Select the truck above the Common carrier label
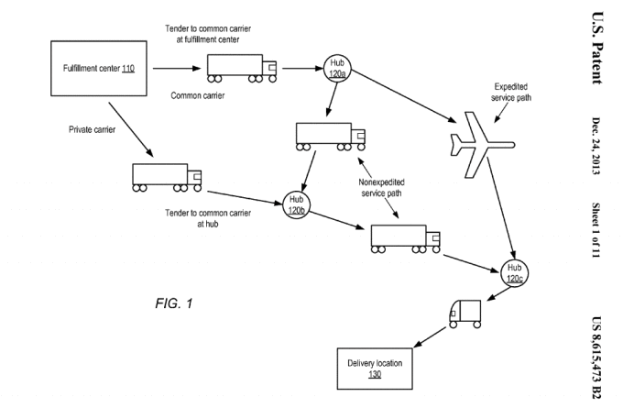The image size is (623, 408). pos(243,68)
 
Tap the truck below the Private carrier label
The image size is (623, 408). pos(167,176)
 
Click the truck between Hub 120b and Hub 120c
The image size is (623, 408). pos(404,237)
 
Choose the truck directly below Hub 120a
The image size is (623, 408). pos(329,136)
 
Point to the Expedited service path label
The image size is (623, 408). pos(520,91)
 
